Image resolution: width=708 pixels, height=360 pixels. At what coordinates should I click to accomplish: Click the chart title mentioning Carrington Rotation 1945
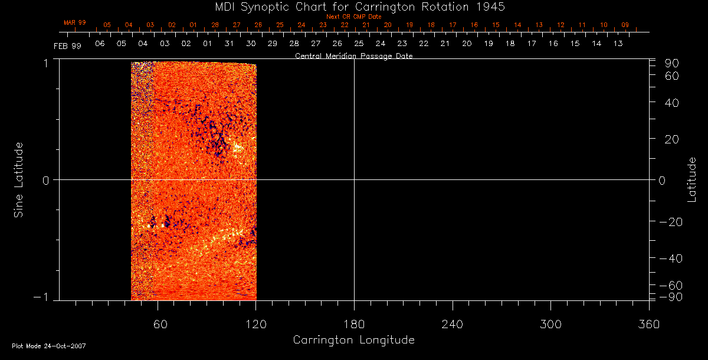tap(354, 6)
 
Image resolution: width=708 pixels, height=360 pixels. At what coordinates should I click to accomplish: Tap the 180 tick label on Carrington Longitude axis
tap(354, 323)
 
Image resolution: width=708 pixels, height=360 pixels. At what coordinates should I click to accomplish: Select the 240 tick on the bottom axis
tap(452, 323)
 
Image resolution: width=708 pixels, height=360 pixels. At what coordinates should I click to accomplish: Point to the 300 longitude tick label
tap(550, 323)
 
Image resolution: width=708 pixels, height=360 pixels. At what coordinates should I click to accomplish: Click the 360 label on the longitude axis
tap(648, 323)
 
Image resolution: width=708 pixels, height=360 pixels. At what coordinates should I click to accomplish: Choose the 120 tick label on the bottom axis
tap(256, 323)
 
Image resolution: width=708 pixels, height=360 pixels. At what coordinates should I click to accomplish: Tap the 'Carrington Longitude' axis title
tap(353, 340)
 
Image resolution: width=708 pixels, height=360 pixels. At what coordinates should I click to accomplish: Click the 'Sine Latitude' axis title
tap(19, 179)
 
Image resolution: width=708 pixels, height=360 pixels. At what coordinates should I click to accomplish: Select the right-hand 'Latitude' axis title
tap(692, 179)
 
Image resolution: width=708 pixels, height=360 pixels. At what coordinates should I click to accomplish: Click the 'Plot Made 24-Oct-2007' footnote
tap(49, 346)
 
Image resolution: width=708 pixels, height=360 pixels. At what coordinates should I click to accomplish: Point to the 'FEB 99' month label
tap(65, 44)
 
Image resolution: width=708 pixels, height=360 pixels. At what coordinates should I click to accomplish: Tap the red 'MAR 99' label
tap(75, 22)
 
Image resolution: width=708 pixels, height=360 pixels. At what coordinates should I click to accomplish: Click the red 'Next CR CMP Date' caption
tap(353, 17)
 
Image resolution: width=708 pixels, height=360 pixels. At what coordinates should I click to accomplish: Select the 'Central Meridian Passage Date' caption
tap(353, 56)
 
